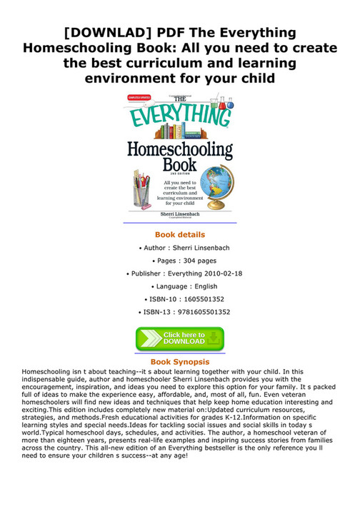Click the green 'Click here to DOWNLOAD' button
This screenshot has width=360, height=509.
180,339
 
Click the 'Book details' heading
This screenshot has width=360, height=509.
180,234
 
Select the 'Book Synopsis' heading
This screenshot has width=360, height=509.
180,363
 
